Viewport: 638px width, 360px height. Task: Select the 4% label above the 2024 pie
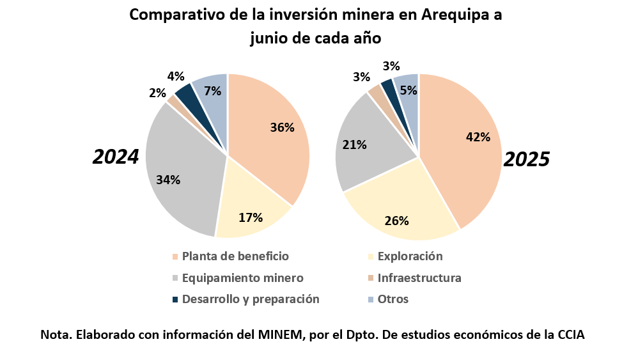[x=176, y=76]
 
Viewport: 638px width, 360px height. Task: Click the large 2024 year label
[x=116, y=157]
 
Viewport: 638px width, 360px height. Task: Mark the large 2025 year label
[x=527, y=160]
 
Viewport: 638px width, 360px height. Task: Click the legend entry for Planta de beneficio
[x=235, y=256]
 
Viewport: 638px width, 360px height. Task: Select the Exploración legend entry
[x=410, y=256]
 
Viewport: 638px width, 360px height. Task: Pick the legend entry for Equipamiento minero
[x=242, y=278]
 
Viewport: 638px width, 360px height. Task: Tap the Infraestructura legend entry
[x=419, y=278]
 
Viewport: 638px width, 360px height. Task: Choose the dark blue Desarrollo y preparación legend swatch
[x=175, y=299]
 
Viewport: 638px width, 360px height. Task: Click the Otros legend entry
[x=393, y=299]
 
